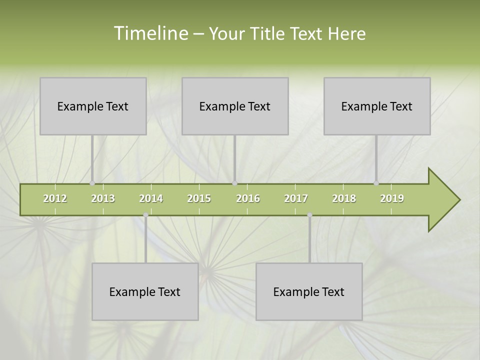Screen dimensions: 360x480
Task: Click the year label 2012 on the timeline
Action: coord(55,198)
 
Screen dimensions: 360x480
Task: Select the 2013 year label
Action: coord(103,198)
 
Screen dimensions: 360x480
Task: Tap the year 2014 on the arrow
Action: coord(151,198)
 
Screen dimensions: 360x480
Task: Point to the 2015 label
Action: coord(199,198)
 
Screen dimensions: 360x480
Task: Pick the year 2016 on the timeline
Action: coord(248,198)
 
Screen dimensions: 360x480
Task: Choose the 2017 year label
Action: coord(296,198)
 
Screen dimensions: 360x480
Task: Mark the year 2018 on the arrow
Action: coord(344,198)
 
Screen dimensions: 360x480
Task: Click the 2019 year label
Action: coord(392,198)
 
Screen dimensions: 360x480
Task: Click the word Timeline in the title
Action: coord(150,33)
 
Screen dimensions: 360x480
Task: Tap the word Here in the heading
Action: coord(347,33)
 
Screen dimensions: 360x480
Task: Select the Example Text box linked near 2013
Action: coord(93,106)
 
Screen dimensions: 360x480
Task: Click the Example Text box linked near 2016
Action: coord(235,106)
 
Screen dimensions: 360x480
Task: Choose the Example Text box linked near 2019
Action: coord(377,106)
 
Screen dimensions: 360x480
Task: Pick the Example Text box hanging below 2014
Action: coord(145,291)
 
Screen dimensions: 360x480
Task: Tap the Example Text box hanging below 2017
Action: coord(309,291)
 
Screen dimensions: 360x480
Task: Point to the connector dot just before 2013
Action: coord(92,183)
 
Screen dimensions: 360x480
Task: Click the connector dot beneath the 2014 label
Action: coord(145,215)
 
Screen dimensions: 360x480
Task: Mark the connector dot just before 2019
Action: coord(376,183)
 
